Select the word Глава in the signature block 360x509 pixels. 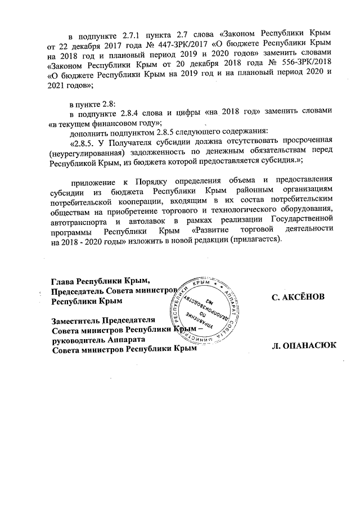(x=62, y=281)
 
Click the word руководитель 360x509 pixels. (x=78, y=340)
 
